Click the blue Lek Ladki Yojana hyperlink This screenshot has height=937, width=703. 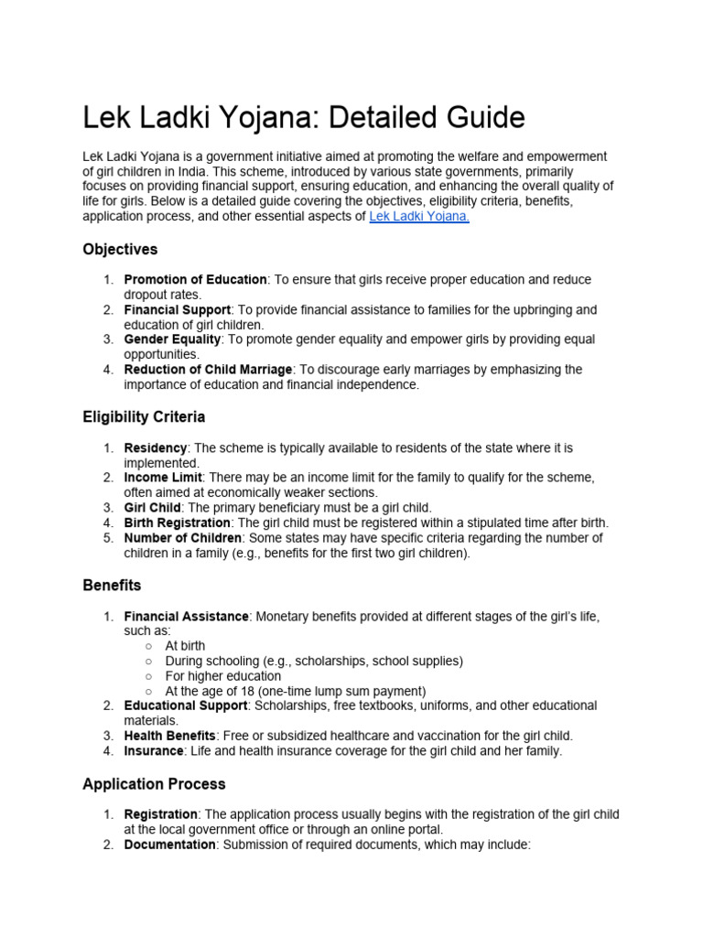(x=418, y=217)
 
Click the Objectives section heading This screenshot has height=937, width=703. (x=120, y=249)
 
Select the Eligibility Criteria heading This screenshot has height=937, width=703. (x=144, y=416)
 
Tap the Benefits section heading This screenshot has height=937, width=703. (x=112, y=584)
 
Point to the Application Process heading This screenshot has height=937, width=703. (x=154, y=784)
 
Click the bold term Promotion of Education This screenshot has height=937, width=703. (x=195, y=279)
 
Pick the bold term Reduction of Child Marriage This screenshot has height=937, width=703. (x=208, y=369)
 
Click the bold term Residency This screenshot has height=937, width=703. (x=156, y=447)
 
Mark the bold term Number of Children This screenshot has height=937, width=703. (x=183, y=538)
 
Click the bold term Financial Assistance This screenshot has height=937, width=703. (x=186, y=617)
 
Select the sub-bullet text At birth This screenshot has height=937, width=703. (x=185, y=646)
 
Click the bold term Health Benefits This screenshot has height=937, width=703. (x=170, y=736)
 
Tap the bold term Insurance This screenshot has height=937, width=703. (x=153, y=751)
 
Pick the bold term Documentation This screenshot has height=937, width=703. (x=169, y=845)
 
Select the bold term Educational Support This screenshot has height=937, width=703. (x=186, y=705)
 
